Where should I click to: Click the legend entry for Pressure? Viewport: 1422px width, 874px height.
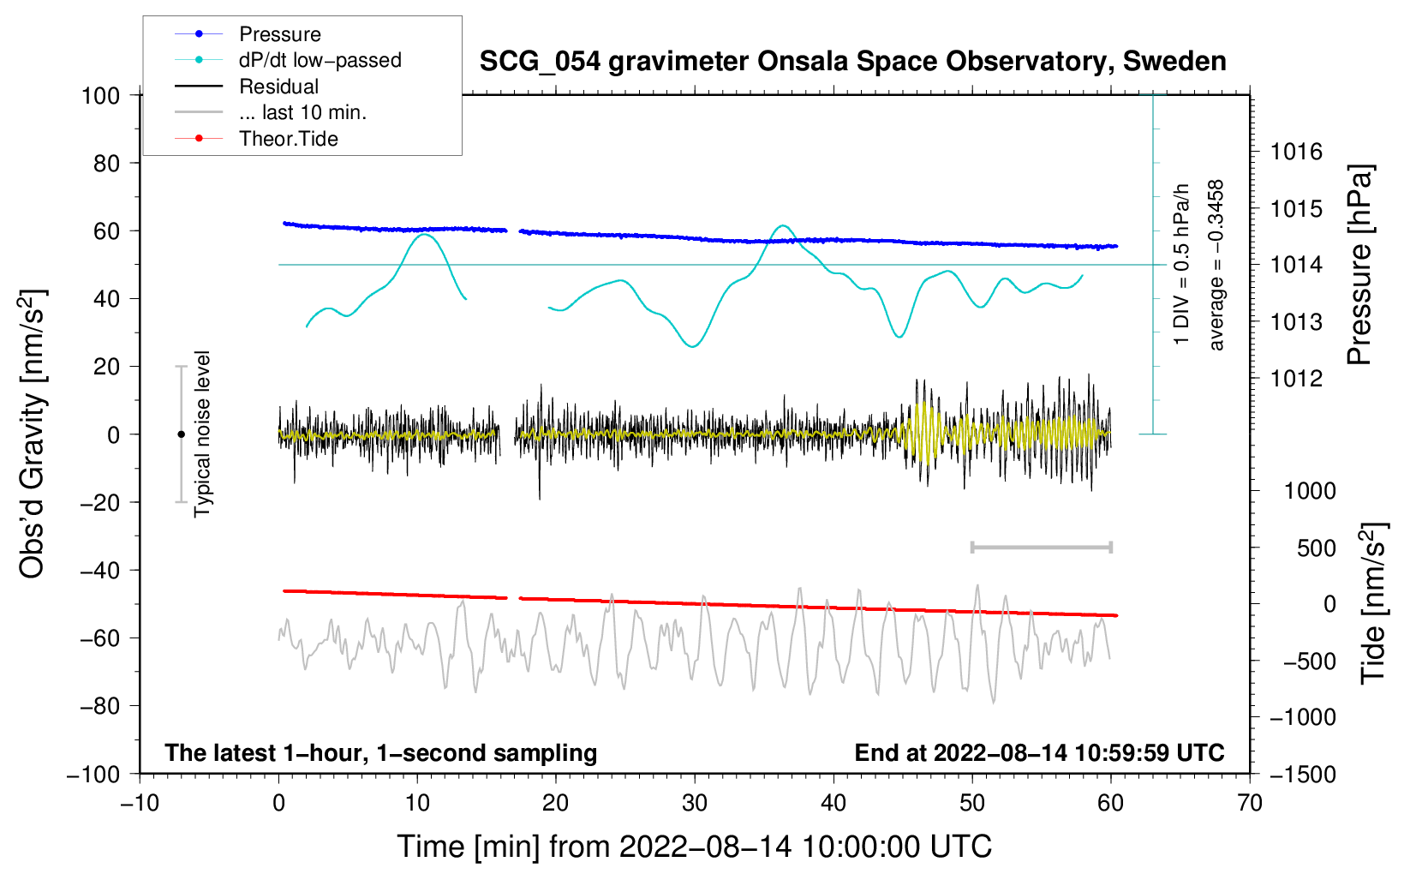tap(248, 33)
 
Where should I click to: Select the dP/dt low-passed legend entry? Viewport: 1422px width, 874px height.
tap(288, 60)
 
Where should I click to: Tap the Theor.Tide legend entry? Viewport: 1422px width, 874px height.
tap(256, 139)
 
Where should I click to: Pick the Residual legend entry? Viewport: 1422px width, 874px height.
tap(247, 87)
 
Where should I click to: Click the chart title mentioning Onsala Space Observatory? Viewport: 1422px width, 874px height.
tap(852, 61)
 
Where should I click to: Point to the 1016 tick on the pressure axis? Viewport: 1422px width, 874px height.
tap(1296, 152)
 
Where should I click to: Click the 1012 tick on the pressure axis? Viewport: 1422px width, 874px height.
tap(1296, 379)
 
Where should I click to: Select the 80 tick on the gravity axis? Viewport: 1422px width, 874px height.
tap(106, 164)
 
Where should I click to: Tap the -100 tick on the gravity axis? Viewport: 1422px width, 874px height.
tap(93, 775)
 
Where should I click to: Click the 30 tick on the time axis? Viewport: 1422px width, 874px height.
tap(695, 803)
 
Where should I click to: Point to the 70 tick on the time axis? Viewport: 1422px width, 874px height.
tap(1249, 803)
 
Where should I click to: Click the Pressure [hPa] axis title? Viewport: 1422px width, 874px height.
tap(1359, 265)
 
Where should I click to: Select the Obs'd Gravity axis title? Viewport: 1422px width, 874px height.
tap(32, 434)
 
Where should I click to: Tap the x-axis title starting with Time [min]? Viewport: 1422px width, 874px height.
tap(695, 847)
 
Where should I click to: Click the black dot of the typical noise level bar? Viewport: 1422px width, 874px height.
tap(181, 434)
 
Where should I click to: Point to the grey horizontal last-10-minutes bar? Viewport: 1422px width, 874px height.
tap(1041, 547)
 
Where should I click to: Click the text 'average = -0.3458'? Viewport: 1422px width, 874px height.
tap(1215, 265)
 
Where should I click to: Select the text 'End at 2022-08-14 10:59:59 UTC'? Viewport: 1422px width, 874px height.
tap(1039, 752)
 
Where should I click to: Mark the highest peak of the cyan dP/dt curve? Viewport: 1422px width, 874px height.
tap(783, 225)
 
